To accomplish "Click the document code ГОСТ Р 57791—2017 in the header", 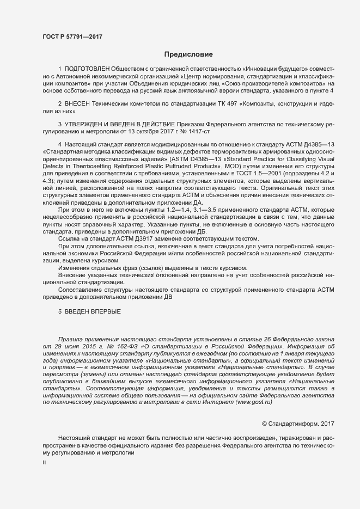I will (x=72, y=36).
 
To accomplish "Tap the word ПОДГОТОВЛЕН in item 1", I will (x=87, y=69).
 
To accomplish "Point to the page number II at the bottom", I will (x=45, y=463).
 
